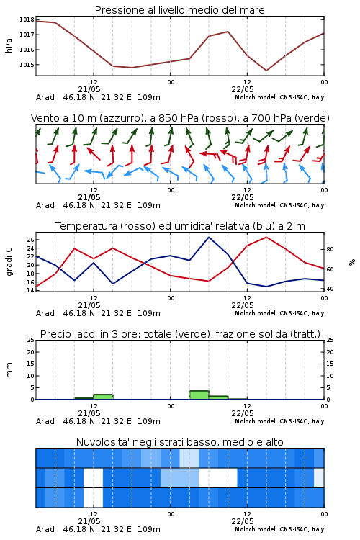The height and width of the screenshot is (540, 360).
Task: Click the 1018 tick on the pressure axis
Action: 27,19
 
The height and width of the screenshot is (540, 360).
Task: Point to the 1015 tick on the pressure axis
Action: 27,65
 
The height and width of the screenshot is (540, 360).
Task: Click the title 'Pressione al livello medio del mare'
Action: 180,10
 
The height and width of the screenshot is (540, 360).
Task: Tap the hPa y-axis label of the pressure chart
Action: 9,45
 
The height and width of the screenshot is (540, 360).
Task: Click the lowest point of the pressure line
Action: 266,71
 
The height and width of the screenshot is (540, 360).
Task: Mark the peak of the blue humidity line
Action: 209,237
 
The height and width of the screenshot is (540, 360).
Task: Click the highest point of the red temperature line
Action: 266,237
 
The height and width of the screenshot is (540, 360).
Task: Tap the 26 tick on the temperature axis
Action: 30,240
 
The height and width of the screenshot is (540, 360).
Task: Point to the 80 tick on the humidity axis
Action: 330,249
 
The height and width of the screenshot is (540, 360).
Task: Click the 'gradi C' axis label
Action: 9,261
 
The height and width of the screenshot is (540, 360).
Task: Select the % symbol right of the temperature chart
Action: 352,262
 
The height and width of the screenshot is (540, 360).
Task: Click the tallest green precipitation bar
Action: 199,395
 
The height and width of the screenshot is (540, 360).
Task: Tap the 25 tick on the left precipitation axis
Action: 31,340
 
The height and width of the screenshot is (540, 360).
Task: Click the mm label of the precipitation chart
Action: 9,370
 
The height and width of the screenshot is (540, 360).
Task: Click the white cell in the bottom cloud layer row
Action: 93,498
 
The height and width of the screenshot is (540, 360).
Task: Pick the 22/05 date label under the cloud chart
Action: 243,521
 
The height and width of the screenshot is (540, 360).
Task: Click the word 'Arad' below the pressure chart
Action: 45,97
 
